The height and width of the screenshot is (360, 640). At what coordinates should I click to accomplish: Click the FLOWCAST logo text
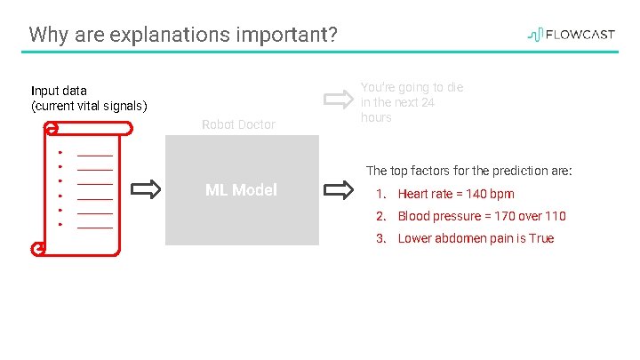coord(580,35)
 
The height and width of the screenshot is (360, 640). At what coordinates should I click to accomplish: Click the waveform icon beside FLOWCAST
coord(535,35)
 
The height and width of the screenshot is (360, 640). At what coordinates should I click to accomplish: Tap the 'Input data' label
coord(59,91)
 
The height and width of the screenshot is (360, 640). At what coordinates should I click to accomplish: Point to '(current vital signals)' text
coord(89,106)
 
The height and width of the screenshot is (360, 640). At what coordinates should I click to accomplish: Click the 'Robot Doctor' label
coord(238,124)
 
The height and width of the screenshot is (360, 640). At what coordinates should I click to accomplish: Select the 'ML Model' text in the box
coord(241,189)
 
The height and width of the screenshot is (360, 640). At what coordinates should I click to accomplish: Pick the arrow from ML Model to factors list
coord(338,189)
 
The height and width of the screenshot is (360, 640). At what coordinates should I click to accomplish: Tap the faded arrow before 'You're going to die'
coord(338,98)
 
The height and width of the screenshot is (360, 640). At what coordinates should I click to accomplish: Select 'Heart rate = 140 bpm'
coord(455,194)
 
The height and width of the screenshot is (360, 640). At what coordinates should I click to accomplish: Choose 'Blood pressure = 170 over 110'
coord(481,216)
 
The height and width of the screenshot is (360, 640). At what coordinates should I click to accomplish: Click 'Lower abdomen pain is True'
coord(476,238)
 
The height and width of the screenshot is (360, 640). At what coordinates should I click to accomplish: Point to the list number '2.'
coord(380,216)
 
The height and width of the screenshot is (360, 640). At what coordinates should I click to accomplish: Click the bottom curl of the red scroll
coord(38,249)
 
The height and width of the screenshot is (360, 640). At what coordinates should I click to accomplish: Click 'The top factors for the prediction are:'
coord(468,171)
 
